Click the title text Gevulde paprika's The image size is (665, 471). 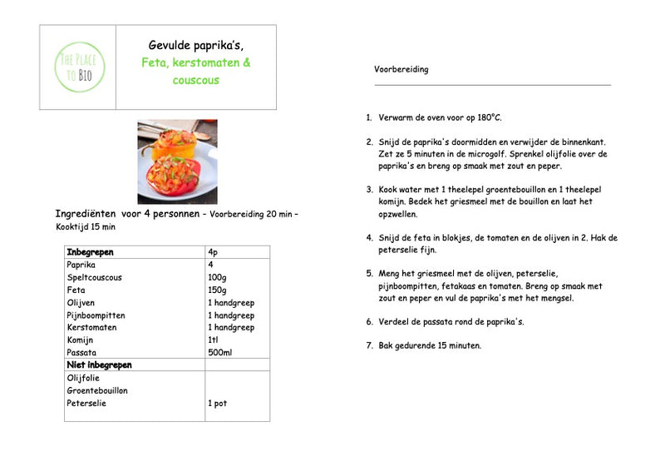click(x=195, y=45)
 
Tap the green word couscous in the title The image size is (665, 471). click(x=196, y=80)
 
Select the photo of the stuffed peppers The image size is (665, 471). click(x=177, y=161)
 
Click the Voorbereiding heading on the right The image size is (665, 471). click(x=401, y=69)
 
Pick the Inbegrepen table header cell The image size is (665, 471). click(x=90, y=251)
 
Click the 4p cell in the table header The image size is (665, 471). click(x=213, y=251)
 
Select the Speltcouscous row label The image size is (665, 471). click(x=95, y=277)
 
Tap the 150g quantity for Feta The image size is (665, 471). click(x=217, y=290)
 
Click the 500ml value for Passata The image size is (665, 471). click(x=219, y=353)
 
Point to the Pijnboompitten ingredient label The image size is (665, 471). click(x=96, y=315)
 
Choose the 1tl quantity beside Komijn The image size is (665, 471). click(x=213, y=340)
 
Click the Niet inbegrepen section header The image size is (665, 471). click(x=100, y=365)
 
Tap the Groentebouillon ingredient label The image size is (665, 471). click(x=97, y=390)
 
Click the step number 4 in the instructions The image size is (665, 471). click(x=369, y=238)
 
